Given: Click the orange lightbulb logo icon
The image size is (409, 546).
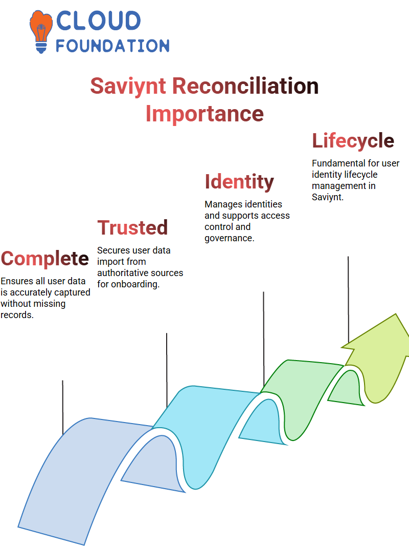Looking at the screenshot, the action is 41,32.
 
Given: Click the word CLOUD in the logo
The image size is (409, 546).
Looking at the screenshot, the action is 98,20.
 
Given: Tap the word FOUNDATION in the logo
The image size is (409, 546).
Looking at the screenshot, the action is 112,46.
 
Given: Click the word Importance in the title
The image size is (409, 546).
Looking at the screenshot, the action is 204,114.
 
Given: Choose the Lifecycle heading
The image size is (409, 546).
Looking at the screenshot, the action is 353,141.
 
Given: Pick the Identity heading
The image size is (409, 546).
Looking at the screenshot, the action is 239,182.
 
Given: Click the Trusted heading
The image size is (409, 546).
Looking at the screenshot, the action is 132,227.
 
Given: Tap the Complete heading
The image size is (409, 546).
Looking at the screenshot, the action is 45,259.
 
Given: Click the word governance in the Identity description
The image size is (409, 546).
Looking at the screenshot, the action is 229,238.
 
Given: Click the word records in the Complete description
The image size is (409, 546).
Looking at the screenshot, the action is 17,315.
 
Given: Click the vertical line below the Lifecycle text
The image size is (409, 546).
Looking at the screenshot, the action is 348,300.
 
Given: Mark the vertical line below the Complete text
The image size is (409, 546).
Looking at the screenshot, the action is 63,407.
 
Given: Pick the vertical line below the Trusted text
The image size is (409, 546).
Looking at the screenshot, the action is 167,370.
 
